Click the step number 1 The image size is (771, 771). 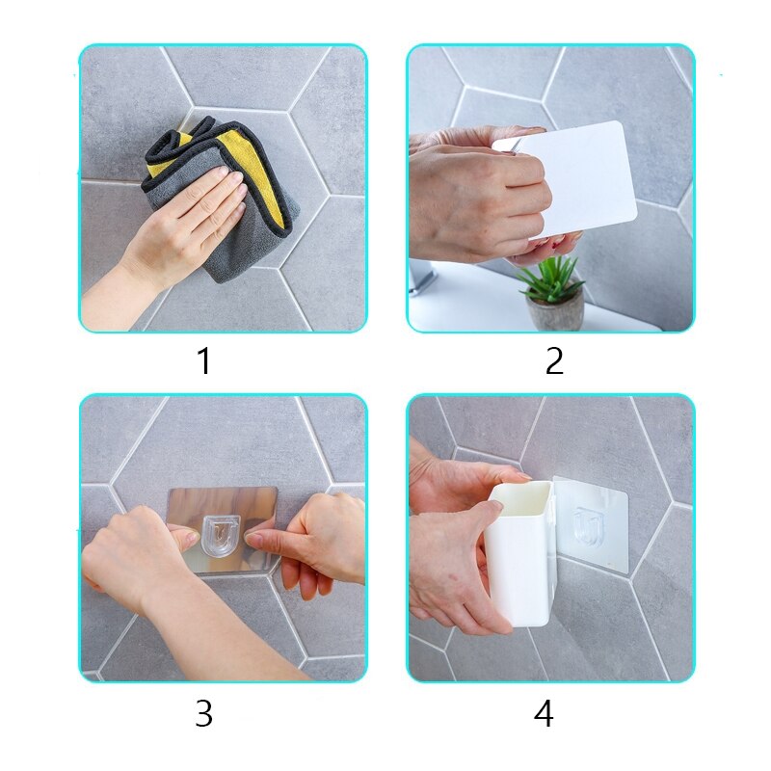203,362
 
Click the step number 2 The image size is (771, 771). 554,361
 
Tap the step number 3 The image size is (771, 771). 203,714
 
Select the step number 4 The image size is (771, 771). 544,714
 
